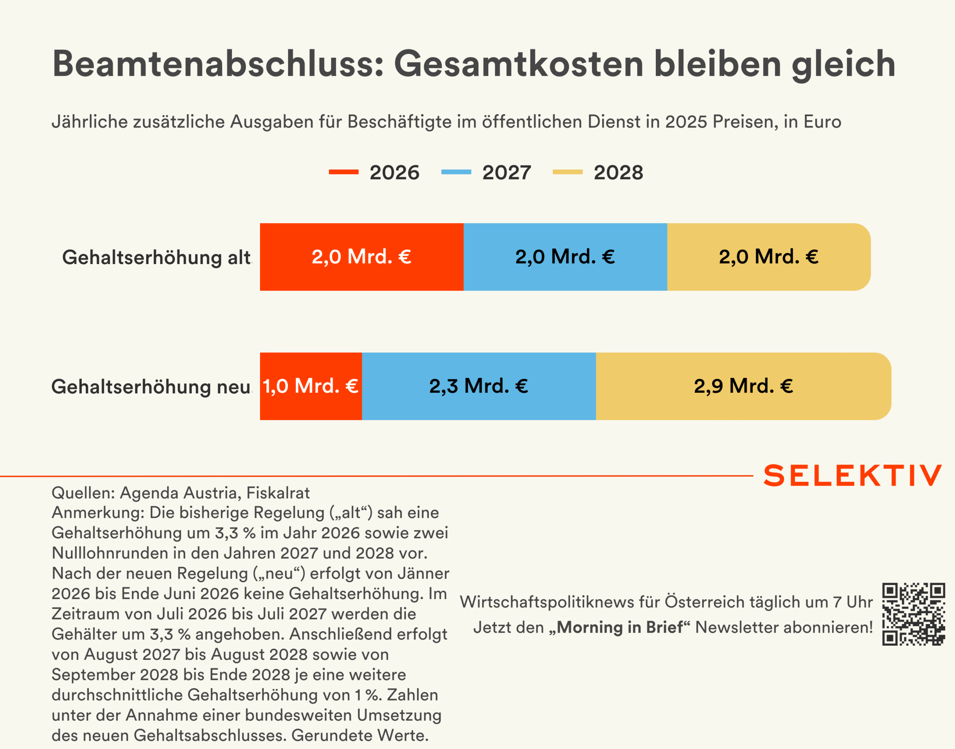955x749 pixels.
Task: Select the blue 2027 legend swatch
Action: click(x=456, y=172)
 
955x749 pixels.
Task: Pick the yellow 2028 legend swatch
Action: click(x=567, y=172)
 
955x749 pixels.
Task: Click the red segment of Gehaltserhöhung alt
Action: click(x=361, y=257)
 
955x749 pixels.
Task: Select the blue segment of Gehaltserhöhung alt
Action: click(x=565, y=257)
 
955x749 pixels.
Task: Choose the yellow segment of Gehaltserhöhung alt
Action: click(x=768, y=257)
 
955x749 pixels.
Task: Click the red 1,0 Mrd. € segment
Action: click(x=310, y=386)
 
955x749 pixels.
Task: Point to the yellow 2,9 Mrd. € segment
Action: click(x=743, y=386)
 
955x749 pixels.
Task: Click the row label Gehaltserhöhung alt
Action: click(x=157, y=257)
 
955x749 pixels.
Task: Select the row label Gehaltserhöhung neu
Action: click(x=151, y=387)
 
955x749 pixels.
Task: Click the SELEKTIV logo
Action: click(x=852, y=476)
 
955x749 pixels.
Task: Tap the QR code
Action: click(x=913, y=614)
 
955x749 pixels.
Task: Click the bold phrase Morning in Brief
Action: click(x=619, y=627)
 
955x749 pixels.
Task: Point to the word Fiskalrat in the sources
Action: click(x=278, y=493)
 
